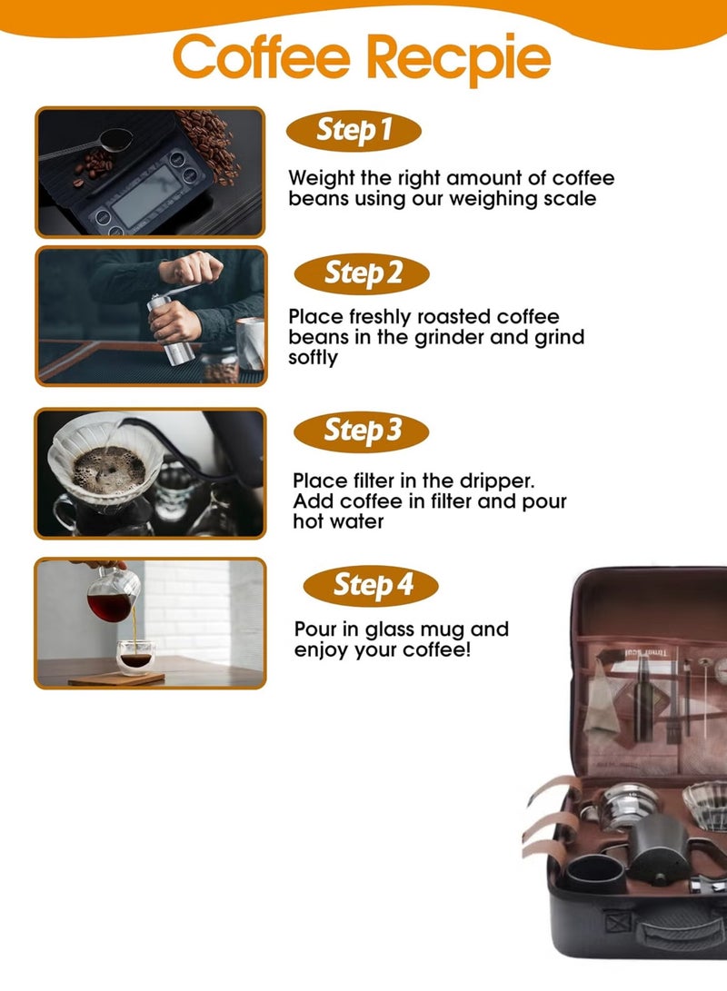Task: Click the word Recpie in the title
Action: coord(458,59)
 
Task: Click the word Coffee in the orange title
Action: coord(261,57)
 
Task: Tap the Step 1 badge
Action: coord(354,131)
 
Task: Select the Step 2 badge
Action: coord(362,273)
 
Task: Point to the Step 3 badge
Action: coord(361,431)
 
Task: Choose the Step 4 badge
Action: coord(371,585)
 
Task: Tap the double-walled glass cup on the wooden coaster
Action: coord(136,658)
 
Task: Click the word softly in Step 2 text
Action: coord(313,358)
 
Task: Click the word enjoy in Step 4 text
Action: coord(321,650)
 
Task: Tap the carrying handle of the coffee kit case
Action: coord(682,932)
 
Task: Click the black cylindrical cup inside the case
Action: coord(595,874)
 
